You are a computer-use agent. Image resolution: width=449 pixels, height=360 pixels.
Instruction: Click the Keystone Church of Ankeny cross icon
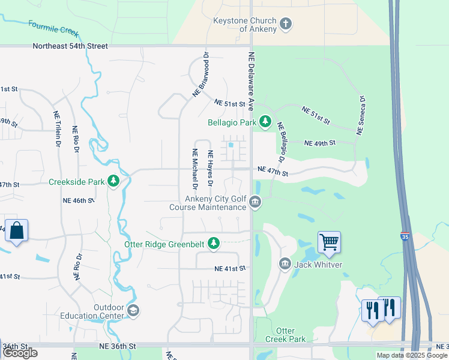pyautogui.click(x=286, y=24)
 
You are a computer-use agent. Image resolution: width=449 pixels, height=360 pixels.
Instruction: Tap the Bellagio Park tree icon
pyautogui.click(x=265, y=122)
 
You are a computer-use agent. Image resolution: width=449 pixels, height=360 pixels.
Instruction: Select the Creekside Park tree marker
pyautogui.click(x=113, y=181)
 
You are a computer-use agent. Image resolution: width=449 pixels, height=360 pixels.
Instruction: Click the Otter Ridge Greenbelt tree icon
pyautogui.click(x=213, y=243)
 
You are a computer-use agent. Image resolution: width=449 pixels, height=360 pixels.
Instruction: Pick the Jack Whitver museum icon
pyautogui.click(x=285, y=263)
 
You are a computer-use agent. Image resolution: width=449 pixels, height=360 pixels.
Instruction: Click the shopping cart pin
pyautogui.click(x=329, y=242)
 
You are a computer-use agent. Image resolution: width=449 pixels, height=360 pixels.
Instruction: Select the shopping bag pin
pyautogui.click(x=16, y=230)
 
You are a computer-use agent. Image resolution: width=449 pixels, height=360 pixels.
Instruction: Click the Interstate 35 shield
pyautogui.click(x=406, y=236)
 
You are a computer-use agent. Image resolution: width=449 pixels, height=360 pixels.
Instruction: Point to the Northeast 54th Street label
pyautogui.click(x=70, y=46)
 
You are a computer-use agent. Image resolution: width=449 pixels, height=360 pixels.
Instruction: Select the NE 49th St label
pyautogui.click(x=319, y=143)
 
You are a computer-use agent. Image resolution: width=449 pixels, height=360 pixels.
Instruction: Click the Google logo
pyautogui.click(x=20, y=353)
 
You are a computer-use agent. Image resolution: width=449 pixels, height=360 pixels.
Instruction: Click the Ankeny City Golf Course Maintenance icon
pyautogui.click(x=256, y=202)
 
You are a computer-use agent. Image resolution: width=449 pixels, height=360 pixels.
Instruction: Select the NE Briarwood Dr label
pyautogui.click(x=200, y=74)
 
